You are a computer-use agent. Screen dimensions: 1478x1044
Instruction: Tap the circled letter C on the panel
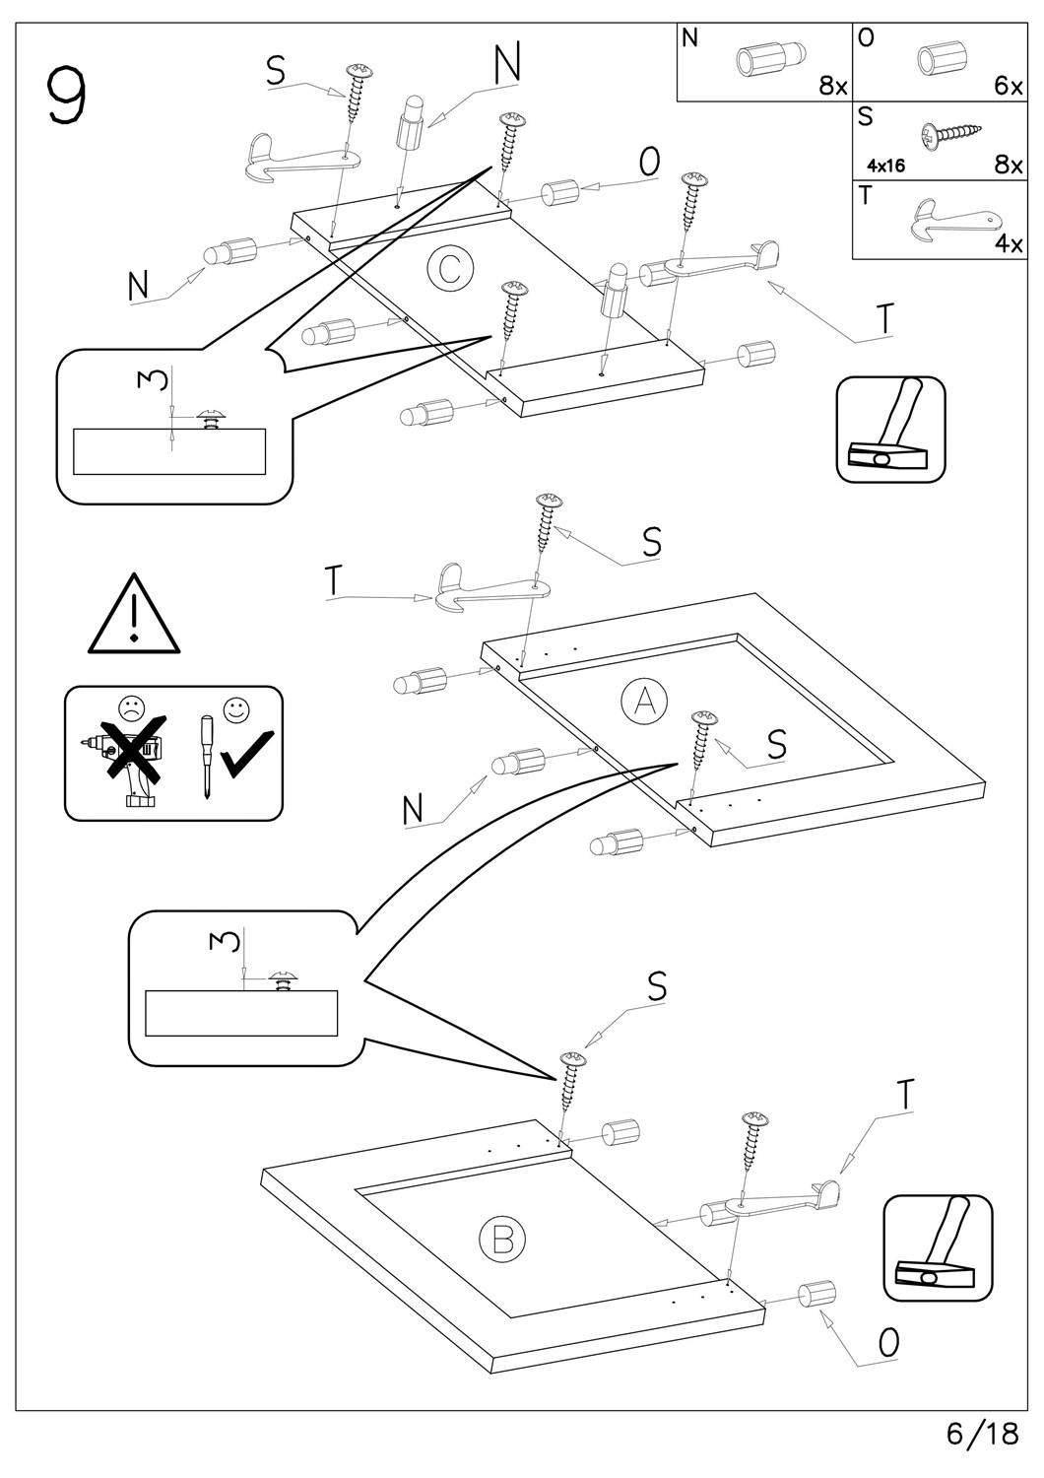(450, 268)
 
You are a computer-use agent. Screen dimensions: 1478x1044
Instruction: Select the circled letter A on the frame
(644, 701)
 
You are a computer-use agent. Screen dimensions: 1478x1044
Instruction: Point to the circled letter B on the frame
(502, 1238)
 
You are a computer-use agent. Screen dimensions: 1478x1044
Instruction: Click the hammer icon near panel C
(890, 430)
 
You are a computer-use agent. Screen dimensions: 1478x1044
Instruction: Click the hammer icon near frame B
(938, 1248)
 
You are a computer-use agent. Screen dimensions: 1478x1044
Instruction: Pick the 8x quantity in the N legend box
(832, 86)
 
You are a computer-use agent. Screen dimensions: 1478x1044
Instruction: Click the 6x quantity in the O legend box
(1008, 86)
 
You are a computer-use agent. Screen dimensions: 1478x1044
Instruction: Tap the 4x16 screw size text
(886, 166)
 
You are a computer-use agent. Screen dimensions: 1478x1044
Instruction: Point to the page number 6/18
(982, 1434)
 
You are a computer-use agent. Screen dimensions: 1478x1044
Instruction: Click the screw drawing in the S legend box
(951, 133)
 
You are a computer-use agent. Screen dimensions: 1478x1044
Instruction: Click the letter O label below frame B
(888, 1343)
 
